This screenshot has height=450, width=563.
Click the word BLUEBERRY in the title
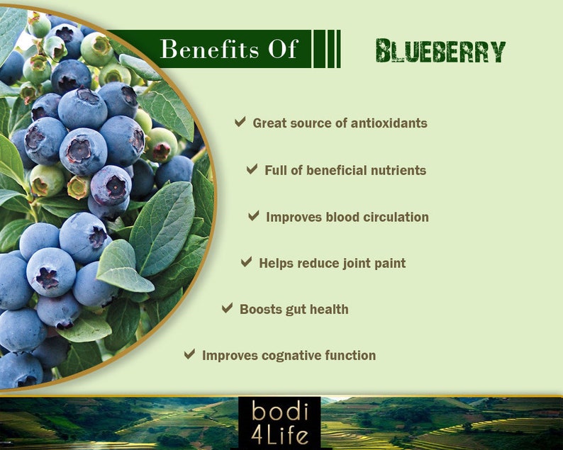(x=440, y=51)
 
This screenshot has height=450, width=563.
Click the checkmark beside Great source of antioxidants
(x=240, y=122)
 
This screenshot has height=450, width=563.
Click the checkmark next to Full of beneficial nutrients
(x=252, y=169)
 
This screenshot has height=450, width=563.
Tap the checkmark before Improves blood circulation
(x=253, y=216)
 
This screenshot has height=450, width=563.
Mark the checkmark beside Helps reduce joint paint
(x=246, y=262)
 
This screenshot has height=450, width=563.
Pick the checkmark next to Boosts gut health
(x=227, y=308)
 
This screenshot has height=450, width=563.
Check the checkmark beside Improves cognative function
(x=189, y=354)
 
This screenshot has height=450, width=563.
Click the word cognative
(x=287, y=355)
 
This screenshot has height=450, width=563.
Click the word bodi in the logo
(x=279, y=412)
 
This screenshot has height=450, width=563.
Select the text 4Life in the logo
(x=279, y=434)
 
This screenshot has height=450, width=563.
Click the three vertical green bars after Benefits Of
(x=327, y=49)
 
